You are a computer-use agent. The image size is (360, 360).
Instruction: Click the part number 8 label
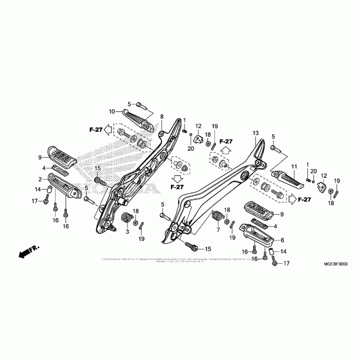pos(162,117)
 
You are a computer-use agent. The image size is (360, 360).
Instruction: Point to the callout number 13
pos(256,133)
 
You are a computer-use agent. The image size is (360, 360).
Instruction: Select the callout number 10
pos(112,111)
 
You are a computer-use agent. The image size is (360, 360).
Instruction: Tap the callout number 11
pos(293,167)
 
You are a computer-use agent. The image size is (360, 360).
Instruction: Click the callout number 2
pos(40,180)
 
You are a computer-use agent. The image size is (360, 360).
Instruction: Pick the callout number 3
pos(127,231)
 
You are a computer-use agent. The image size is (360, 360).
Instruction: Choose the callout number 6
pos(283,240)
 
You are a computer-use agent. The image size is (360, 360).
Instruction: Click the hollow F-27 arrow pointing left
pos(108,130)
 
